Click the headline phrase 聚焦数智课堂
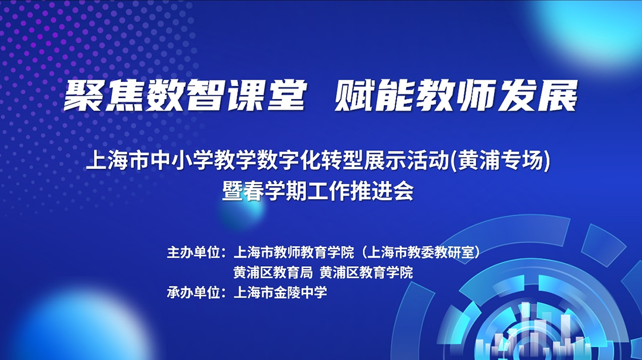(185, 95)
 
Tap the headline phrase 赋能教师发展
(456, 95)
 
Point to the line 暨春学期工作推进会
(317, 191)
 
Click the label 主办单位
(193, 252)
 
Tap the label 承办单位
(193, 292)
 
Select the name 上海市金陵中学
(280, 292)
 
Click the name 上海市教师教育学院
(294, 252)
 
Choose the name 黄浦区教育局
(273, 273)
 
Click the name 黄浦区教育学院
(366, 273)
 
